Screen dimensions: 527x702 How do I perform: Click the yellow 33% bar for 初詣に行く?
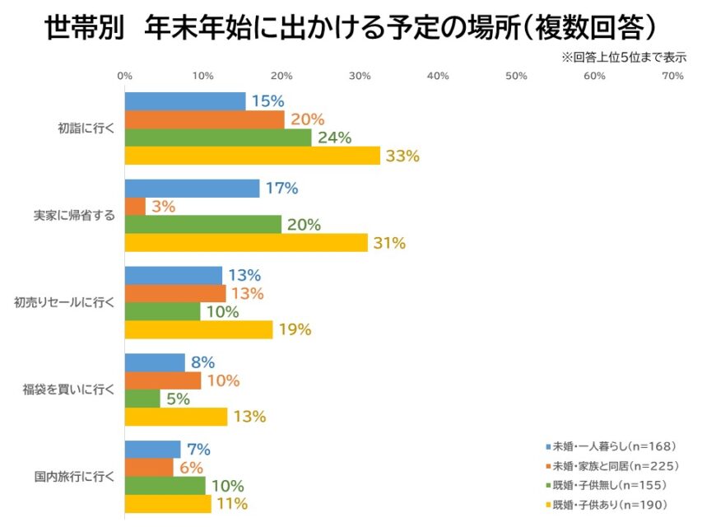coord(252,156)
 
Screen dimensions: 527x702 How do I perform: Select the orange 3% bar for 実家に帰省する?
coord(135,207)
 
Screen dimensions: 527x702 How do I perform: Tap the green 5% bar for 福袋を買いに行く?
coord(142,399)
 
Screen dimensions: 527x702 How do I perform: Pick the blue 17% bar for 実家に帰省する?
coord(192,189)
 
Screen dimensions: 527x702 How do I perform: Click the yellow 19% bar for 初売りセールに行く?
coord(198,329)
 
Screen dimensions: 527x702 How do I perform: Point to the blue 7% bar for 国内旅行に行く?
coord(152,450)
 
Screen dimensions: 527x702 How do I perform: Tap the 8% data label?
coord(202,362)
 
